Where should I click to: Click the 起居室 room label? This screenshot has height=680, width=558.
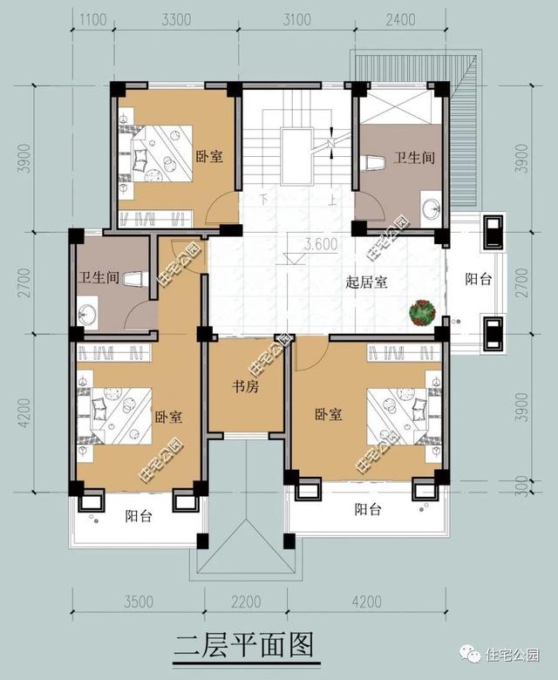[367, 282]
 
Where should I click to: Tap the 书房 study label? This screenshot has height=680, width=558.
[245, 386]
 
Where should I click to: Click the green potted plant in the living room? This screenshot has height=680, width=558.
[423, 311]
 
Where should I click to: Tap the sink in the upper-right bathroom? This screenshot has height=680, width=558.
[431, 209]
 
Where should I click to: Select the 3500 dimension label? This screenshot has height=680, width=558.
[138, 602]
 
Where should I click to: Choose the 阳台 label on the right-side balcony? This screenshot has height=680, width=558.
[477, 280]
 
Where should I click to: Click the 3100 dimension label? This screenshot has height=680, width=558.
[297, 17]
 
